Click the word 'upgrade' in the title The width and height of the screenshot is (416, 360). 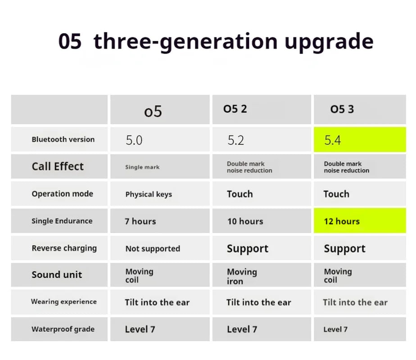329,42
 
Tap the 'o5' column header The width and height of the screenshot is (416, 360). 153,111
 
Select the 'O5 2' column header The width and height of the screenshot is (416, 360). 235,109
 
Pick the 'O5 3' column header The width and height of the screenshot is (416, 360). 342,109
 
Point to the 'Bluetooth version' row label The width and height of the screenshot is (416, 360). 63,139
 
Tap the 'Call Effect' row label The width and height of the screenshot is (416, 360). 58,166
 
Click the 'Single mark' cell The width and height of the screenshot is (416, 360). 142,167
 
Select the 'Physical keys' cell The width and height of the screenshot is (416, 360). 149,194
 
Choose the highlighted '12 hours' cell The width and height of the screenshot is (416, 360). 342,221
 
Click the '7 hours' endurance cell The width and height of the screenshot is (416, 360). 140,221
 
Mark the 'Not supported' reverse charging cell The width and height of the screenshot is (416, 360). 153,248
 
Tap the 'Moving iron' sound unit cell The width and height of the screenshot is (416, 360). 242,276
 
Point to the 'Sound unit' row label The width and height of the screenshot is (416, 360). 57,275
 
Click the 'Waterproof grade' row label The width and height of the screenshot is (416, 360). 63,329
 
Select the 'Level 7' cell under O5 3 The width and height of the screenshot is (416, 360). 335,329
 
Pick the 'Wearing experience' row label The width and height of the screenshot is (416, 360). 64,301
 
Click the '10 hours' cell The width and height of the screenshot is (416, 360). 245,221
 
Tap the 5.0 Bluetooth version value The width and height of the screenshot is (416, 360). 134,140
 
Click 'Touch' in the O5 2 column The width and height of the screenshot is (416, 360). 240,194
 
